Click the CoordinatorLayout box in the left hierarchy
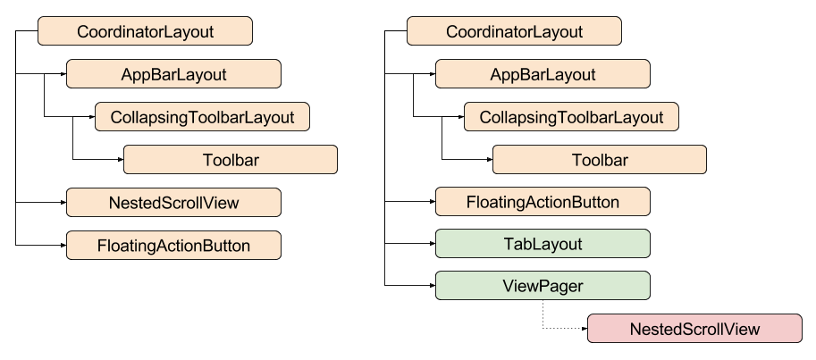pyautogui.click(x=145, y=31)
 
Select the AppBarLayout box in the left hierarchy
pyautogui.click(x=173, y=74)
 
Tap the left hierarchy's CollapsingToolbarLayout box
pyautogui.click(x=202, y=117)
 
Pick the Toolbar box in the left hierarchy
pyautogui.click(x=231, y=160)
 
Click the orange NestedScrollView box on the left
pyautogui.click(x=173, y=203)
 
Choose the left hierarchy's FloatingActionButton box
pyautogui.click(x=173, y=246)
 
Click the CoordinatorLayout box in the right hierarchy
pyautogui.click(x=514, y=31)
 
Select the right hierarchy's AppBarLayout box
pyautogui.click(x=543, y=74)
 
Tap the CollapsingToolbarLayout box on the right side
pyautogui.click(x=571, y=117)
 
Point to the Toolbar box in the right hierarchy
pyautogui.click(x=600, y=160)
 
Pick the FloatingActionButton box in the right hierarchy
pyautogui.click(x=543, y=202)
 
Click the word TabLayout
pyautogui.click(x=543, y=244)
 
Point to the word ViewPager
pyautogui.click(x=543, y=286)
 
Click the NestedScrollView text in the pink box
pyautogui.click(x=694, y=329)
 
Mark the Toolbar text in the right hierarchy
pyautogui.click(x=600, y=161)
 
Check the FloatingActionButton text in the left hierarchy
pyautogui.click(x=173, y=246)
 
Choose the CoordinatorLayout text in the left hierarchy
pyautogui.click(x=145, y=32)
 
